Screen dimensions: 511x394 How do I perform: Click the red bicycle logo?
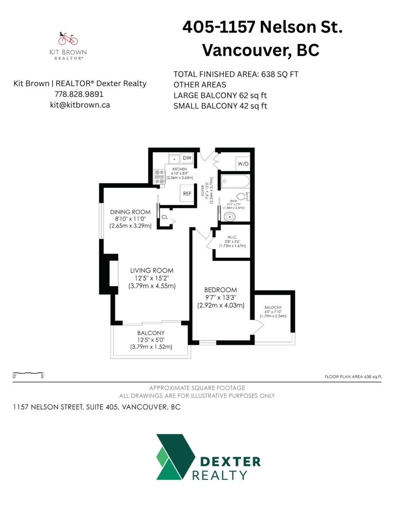(68, 39)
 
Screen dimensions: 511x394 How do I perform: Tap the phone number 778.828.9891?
(79, 94)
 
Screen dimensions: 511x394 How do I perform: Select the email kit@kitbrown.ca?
(80, 105)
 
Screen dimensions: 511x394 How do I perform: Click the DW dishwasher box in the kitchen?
(187, 158)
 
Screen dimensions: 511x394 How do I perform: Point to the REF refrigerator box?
(187, 193)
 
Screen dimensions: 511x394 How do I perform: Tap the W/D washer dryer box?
(243, 164)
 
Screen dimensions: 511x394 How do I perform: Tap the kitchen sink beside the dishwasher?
(174, 159)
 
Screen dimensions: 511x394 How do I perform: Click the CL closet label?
(164, 217)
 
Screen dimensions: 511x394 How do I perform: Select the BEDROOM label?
(220, 290)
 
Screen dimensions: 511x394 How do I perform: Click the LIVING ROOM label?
(152, 270)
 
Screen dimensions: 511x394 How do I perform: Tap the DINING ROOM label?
(130, 212)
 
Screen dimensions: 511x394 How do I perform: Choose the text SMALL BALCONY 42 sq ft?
(220, 106)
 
